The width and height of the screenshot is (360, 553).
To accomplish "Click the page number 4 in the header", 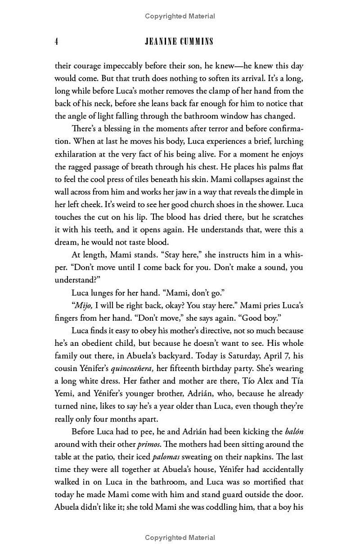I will coord(57,42).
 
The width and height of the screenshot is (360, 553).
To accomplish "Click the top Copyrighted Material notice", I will coord(180,17).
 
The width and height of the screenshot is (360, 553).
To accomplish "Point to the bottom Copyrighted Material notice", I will coord(180,538).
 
